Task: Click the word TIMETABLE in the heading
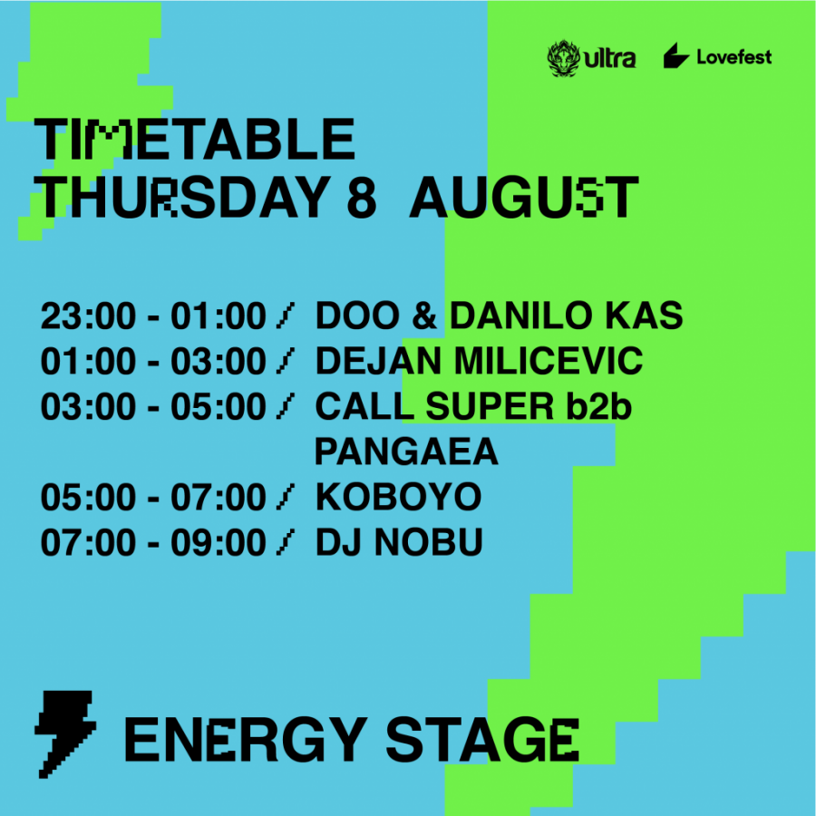[x=195, y=139]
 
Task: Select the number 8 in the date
[x=361, y=198]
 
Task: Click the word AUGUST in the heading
[x=524, y=198]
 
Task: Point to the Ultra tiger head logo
[x=564, y=58]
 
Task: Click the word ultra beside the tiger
[x=610, y=59]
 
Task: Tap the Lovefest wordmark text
[x=734, y=57]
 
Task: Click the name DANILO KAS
[x=566, y=316]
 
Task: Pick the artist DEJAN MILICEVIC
[x=479, y=361]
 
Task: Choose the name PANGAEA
[x=406, y=452]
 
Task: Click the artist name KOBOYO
[x=399, y=497]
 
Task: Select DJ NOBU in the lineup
[x=399, y=542]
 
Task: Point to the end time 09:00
[x=219, y=542]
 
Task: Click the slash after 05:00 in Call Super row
[x=286, y=406]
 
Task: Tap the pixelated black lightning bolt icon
[x=65, y=734]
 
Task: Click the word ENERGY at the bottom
[x=246, y=740]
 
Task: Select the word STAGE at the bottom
[x=482, y=740]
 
